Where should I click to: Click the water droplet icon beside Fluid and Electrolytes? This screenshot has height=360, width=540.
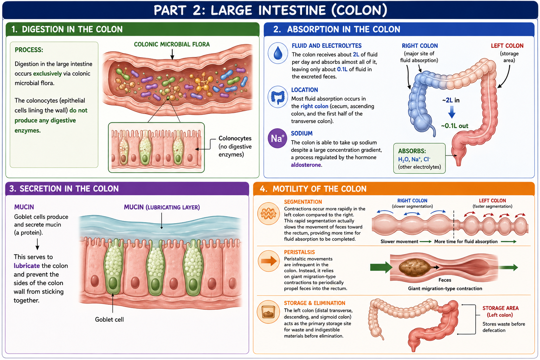pyautogui.click(x=278, y=53)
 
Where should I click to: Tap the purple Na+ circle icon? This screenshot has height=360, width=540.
pyautogui.click(x=277, y=138)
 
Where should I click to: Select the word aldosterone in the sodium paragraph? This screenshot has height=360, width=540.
pyautogui.click(x=306, y=165)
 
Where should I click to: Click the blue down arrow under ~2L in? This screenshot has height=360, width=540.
pyautogui.click(x=451, y=112)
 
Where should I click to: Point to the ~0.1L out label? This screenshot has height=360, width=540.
pyautogui.click(x=455, y=126)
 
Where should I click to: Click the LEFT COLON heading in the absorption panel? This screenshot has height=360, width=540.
pyautogui.click(x=507, y=46)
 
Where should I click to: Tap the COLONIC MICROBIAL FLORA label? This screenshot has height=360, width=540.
pyautogui.click(x=172, y=44)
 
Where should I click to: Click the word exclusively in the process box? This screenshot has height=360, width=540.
pyautogui.click(x=47, y=73)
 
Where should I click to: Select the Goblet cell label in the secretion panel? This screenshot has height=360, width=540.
pyautogui.click(x=109, y=320)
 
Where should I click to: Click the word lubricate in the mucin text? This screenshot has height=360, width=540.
pyautogui.click(x=27, y=266)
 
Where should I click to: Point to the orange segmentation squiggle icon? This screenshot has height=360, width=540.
pyautogui.click(x=268, y=214)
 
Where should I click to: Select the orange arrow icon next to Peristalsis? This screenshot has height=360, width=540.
pyautogui.click(x=268, y=261)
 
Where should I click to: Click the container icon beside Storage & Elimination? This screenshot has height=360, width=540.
pyautogui.click(x=268, y=312)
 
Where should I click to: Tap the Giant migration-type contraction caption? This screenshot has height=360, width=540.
pyautogui.click(x=445, y=289)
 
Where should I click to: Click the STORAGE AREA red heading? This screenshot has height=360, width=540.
pyautogui.click(x=501, y=308)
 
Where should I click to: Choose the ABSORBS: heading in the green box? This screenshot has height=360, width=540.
pyautogui.click(x=412, y=151)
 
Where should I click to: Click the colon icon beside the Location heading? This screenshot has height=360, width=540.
pyautogui.click(x=278, y=97)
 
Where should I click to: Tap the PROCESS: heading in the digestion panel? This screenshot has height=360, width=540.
pyautogui.click(x=29, y=50)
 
